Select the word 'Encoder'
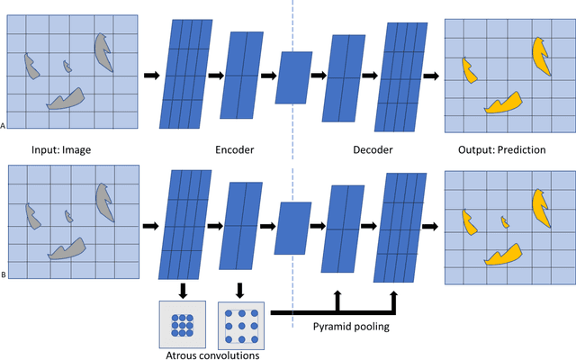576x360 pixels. [x=239, y=149]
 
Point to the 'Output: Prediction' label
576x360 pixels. [x=503, y=149]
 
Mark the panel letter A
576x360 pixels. [x=4, y=128]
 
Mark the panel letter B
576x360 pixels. [x=4, y=279]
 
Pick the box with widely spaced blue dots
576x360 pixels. [x=239, y=322]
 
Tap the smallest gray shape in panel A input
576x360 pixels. [x=66, y=66]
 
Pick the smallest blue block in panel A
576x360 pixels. [x=293, y=76]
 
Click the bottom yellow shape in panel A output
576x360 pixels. [x=503, y=102]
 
